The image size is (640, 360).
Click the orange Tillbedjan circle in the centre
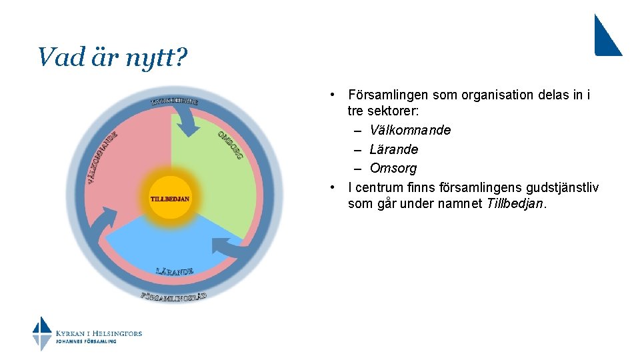[x=170, y=197]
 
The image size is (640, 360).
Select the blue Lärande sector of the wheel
[x=170, y=243]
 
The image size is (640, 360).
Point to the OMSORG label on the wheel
[x=230, y=145]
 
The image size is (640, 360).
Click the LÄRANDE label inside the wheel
[x=175, y=271]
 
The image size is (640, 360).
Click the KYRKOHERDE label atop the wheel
[x=175, y=101]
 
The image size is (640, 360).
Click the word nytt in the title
[x=148, y=57]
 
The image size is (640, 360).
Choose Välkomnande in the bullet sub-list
[x=410, y=130]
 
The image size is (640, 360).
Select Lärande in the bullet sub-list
[x=393, y=149]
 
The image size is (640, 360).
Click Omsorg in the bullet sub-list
[x=393, y=168]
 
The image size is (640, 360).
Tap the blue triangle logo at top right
[x=607, y=37]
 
